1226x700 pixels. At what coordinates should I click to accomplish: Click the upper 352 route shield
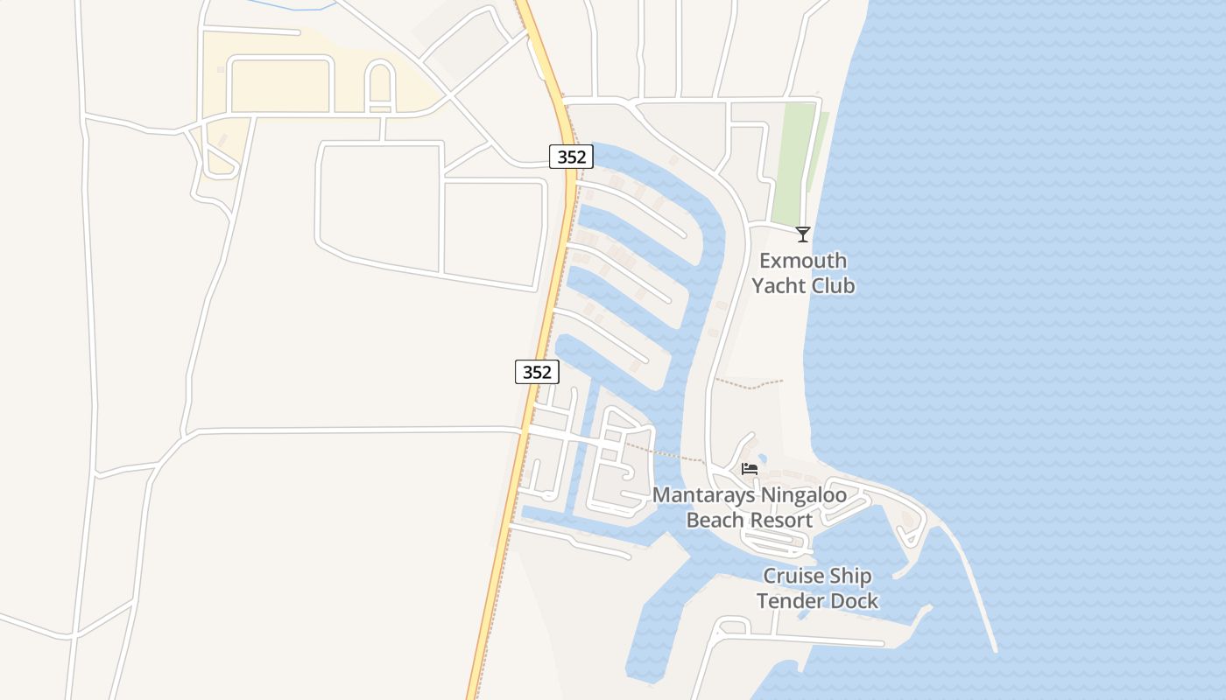tap(572, 157)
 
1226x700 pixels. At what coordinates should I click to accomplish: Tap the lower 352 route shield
tap(537, 372)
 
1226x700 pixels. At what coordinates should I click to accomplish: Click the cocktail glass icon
tap(802, 234)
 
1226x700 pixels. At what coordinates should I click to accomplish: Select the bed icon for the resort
tap(750, 469)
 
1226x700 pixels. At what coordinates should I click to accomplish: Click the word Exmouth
tap(803, 261)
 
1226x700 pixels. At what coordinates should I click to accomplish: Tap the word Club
tap(835, 285)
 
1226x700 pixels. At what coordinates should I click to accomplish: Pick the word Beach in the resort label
tap(715, 520)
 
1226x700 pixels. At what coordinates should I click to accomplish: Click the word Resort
tap(780, 520)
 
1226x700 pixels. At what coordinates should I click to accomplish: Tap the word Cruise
tap(793, 576)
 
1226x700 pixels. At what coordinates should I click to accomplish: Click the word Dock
tap(853, 600)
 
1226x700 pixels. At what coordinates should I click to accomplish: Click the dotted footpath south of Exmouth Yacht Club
tap(749, 383)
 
